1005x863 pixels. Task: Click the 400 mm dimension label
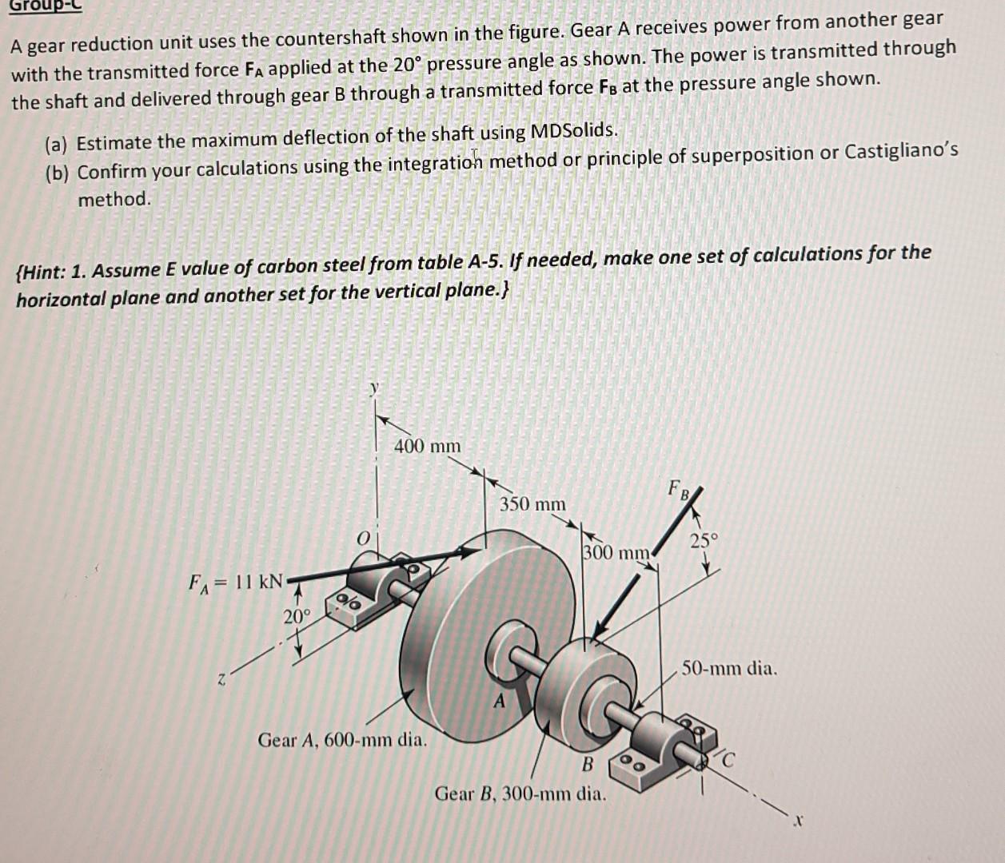pyautogui.click(x=427, y=446)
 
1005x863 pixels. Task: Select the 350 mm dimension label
pyautogui.click(x=532, y=504)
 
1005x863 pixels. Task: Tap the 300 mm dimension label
pyautogui.click(x=616, y=552)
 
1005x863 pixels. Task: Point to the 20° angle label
pyautogui.click(x=296, y=616)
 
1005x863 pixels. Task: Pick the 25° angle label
pyautogui.click(x=704, y=541)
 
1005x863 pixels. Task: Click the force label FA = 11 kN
pyautogui.click(x=236, y=582)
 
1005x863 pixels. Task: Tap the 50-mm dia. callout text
pyautogui.click(x=729, y=668)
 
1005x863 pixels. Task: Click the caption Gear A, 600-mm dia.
pyautogui.click(x=342, y=740)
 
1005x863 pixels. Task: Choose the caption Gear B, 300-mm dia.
pyautogui.click(x=520, y=794)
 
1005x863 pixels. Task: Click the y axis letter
pyautogui.click(x=373, y=388)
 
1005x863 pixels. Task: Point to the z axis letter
pyautogui.click(x=225, y=680)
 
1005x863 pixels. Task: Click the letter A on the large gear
pyautogui.click(x=500, y=702)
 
